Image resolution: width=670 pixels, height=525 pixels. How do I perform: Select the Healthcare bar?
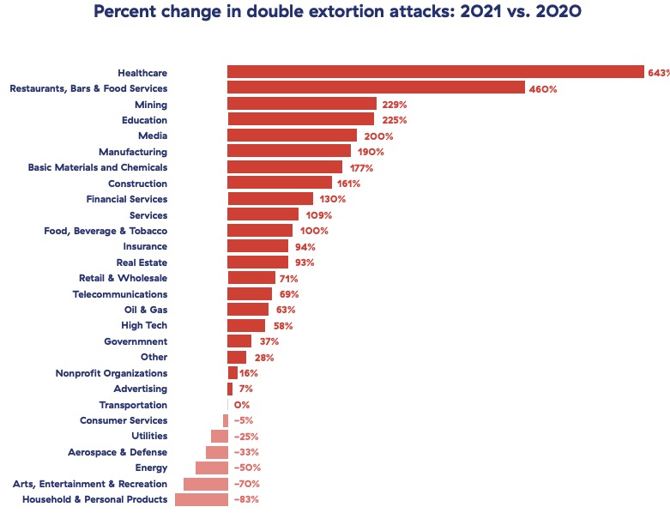click(x=435, y=72)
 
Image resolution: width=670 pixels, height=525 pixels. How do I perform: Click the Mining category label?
click(x=151, y=104)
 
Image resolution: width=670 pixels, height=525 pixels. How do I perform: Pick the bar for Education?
click(x=300, y=120)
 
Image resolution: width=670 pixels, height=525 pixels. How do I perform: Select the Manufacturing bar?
click(x=288, y=152)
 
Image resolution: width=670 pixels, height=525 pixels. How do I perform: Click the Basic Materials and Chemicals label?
click(x=98, y=167)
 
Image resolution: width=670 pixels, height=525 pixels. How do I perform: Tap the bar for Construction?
click(x=279, y=184)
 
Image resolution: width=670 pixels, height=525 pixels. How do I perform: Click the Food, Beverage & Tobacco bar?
click(x=259, y=231)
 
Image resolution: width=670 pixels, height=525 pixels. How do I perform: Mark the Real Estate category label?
click(x=142, y=262)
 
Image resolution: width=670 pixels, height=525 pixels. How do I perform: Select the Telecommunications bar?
click(x=249, y=294)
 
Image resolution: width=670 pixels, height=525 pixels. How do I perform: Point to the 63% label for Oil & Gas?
click(x=286, y=310)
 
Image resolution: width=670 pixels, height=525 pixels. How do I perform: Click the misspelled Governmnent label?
click(x=136, y=341)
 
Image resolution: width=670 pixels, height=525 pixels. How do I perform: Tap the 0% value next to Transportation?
click(x=241, y=405)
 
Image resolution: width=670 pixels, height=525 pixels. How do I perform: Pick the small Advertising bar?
click(x=230, y=389)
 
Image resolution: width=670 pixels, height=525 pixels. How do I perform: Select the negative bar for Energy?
click(x=211, y=468)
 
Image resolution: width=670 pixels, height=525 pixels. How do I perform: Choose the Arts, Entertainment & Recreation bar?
click(x=205, y=484)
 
